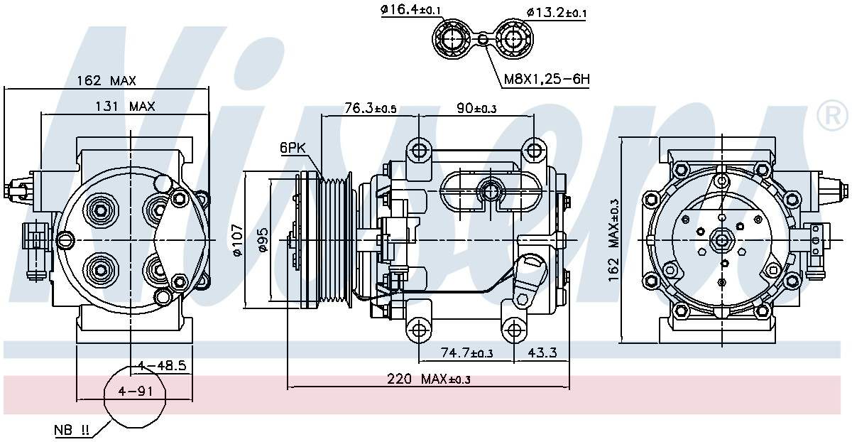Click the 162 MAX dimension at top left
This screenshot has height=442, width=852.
(106, 81)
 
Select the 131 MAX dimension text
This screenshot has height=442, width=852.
(126, 107)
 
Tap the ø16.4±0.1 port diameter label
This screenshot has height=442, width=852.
(411, 9)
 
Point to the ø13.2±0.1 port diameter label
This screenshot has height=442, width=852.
(557, 12)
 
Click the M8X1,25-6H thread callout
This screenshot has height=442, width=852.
(547, 79)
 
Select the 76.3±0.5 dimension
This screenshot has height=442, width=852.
(370, 108)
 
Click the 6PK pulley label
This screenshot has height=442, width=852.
(293, 148)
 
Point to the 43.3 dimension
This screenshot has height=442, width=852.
(542, 352)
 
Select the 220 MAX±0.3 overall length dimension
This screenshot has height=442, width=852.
(429, 379)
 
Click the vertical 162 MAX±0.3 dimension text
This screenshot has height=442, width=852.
(613, 239)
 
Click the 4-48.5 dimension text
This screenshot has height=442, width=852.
(162, 366)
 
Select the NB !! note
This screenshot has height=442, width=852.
(72, 430)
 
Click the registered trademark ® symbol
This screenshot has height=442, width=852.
(832, 117)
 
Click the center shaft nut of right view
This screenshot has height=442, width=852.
(723, 241)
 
